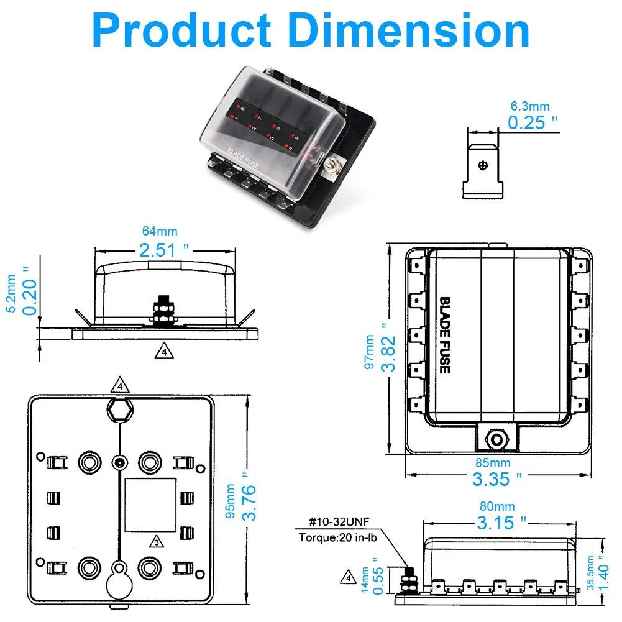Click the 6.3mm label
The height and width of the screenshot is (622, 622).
coord(529,107)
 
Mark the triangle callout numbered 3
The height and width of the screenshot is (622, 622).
coord(158,542)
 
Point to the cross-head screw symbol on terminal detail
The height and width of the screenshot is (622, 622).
coord(483,166)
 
